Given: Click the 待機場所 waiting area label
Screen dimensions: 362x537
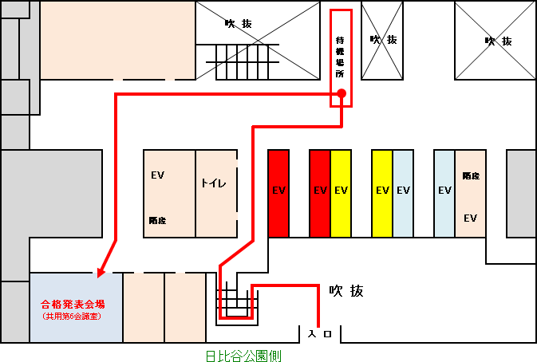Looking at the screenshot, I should (340, 56).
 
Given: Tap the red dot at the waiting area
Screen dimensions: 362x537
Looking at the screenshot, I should (341, 94).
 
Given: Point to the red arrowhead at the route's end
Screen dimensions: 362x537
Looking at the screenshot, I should (101, 273).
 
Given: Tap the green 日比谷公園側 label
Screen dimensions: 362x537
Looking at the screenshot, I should (243, 356).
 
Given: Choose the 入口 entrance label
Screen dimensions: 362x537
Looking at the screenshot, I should (321, 332).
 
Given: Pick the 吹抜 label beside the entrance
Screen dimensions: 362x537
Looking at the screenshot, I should (346, 291).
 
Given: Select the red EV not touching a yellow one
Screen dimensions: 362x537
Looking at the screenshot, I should (278, 192).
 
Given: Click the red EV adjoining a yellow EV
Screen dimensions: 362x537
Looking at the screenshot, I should (320, 192).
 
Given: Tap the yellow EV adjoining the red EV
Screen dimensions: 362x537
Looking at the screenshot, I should (341, 192).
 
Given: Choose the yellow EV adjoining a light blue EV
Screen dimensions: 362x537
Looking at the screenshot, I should (382, 192).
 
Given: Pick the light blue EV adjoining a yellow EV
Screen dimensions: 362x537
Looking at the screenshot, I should (403, 192).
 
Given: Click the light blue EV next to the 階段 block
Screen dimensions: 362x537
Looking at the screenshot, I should (444, 192).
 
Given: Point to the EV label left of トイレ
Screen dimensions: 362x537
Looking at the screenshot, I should (157, 175).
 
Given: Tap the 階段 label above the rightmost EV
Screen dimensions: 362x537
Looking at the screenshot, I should (470, 175).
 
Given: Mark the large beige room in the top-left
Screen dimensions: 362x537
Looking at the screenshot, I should (118, 40).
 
